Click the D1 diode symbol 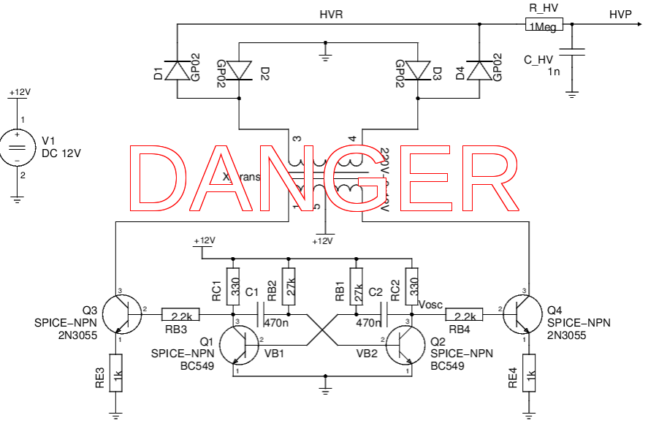pos(178,70)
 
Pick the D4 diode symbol pos(479,70)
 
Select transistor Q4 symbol pos(522,312)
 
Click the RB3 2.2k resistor pos(180,316)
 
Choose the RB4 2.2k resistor pos(465,316)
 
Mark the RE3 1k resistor pos(116,373)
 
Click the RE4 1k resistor pos(527,373)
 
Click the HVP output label pos(620,15)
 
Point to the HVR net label pos(331,15)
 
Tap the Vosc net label pos(430,304)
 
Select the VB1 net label pos(275,354)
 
